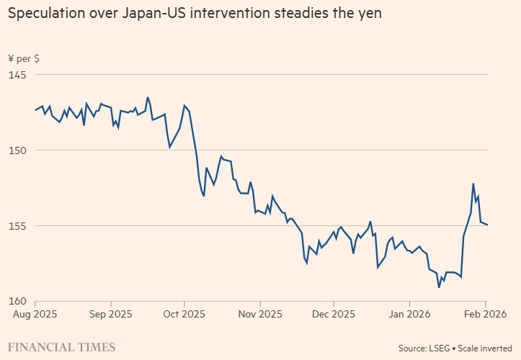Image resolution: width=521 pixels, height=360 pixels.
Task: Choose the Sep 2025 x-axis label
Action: coord(110,314)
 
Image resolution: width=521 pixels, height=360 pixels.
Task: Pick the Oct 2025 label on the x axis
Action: coord(184,314)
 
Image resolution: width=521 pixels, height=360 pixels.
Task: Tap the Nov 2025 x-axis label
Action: coord(259,314)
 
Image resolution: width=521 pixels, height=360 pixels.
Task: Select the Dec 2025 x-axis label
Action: coord(334,314)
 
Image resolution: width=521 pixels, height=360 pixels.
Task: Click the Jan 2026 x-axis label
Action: coord(409,314)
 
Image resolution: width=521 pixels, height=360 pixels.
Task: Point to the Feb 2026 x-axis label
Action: coord(485,314)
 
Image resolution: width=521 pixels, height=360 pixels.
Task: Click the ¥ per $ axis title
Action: coord(24,58)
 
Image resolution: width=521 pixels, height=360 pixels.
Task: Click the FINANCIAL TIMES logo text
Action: coord(62,347)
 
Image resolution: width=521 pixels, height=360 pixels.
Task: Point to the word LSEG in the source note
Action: coord(439,348)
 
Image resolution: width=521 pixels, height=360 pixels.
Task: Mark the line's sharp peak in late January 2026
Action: coord(473,184)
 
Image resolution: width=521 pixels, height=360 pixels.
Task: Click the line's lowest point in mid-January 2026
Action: coord(439,287)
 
